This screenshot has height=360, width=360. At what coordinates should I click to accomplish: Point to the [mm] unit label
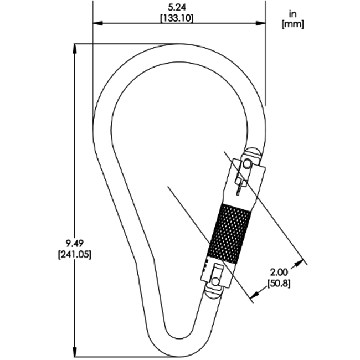point(294,24)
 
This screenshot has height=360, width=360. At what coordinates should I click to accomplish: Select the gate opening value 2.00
point(279,273)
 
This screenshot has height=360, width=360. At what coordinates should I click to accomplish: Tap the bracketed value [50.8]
point(279,283)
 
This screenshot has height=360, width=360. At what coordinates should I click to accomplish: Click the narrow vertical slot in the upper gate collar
point(238,185)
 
